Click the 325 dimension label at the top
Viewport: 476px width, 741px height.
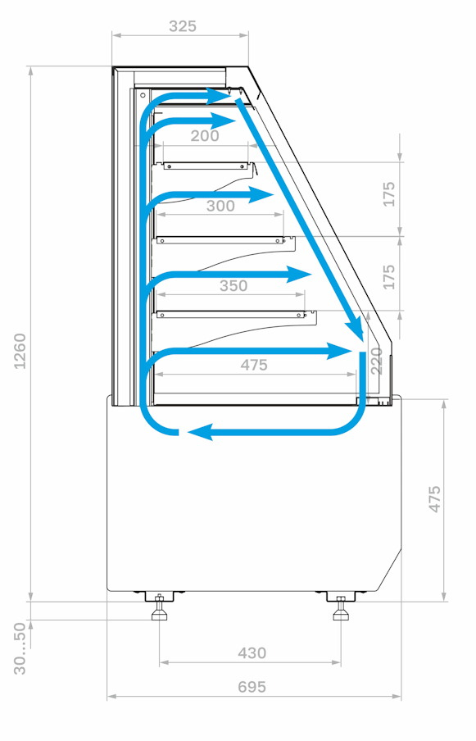click(x=182, y=26)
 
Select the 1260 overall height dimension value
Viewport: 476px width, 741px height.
click(x=20, y=351)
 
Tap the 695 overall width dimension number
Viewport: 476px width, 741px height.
click(x=252, y=686)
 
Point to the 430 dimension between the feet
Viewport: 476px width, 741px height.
click(x=252, y=652)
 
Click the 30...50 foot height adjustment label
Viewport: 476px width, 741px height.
click(x=20, y=648)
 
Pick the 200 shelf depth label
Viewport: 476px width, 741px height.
click(x=205, y=135)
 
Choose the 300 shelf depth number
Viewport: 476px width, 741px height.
click(x=220, y=206)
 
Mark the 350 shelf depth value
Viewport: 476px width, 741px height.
click(x=233, y=285)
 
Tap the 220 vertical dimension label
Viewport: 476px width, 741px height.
click(x=376, y=361)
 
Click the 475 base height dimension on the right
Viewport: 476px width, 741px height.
click(x=434, y=498)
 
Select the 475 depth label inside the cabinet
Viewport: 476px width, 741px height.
click(x=254, y=365)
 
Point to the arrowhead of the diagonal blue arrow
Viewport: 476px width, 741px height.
click(x=354, y=330)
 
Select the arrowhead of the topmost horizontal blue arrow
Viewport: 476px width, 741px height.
click(x=219, y=97)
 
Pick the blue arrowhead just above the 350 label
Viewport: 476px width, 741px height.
click(x=300, y=274)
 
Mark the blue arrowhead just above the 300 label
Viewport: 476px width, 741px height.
click(x=261, y=195)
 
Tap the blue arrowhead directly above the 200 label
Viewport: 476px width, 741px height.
click(x=224, y=121)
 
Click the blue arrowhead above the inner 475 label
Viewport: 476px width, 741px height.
click(x=340, y=351)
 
